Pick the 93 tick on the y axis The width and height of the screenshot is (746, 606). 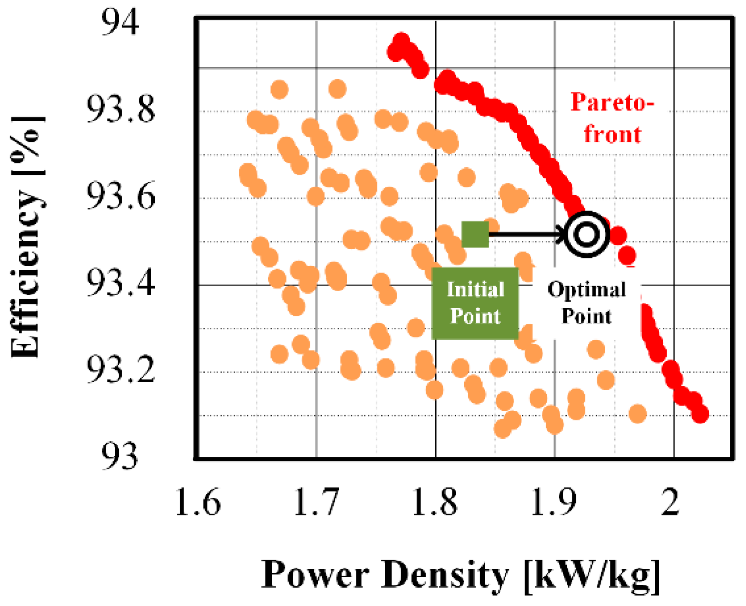(x=120, y=456)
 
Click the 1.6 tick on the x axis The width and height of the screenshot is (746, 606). (x=198, y=502)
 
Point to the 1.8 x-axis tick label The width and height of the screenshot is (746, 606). (x=435, y=502)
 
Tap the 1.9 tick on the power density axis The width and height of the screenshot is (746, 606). (x=554, y=502)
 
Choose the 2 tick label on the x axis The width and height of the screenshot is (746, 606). (x=671, y=502)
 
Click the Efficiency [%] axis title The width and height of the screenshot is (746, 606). (x=27, y=237)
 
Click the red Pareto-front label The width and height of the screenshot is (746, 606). (x=612, y=118)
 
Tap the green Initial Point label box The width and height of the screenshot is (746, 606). (x=475, y=303)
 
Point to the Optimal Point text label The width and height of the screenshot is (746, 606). (x=586, y=303)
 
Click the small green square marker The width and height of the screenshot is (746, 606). (x=475, y=234)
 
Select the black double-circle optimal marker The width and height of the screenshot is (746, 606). (x=586, y=234)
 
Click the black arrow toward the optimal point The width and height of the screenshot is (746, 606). (x=526, y=234)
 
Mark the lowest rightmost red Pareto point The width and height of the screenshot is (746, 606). (x=700, y=414)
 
